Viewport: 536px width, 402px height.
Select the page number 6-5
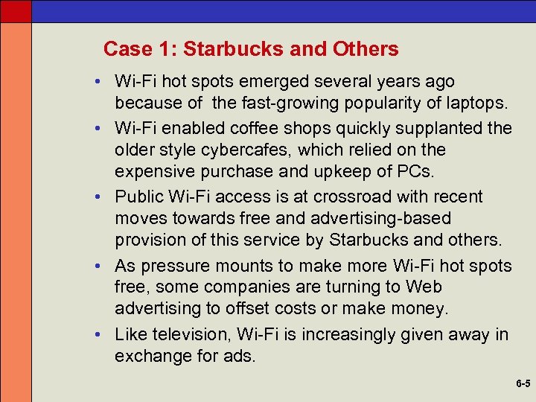pyautogui.click(x=522, y=384)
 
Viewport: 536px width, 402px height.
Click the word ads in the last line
pyautogui.click(x=239, y=357)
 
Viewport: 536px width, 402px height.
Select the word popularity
pyautogui.click(x=332, y=101)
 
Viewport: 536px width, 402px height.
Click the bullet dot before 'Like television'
pyautogui.click(x=98, y=335)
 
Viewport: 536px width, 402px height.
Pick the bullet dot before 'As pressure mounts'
pyautogui.click(x=98, y=267)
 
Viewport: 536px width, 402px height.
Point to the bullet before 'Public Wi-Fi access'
pyautogui.click(x=98, y=197)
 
